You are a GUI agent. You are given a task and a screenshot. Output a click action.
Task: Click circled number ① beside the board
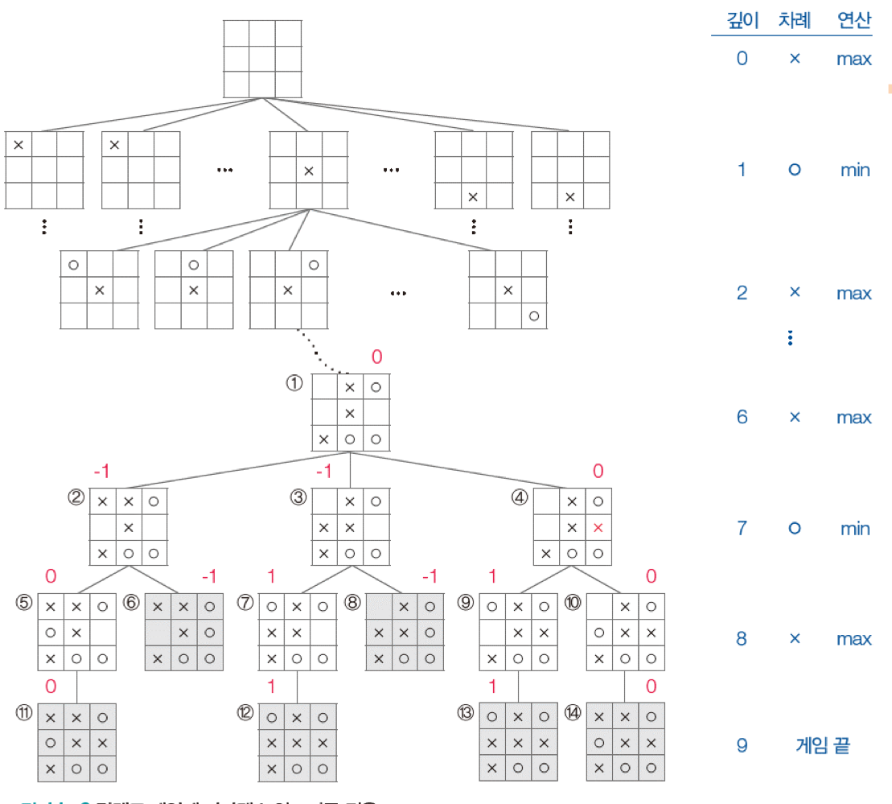click(294, 383)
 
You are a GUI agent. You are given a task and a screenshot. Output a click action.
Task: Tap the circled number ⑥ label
click(131, 602)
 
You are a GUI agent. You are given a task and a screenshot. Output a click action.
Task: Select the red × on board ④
click(598, 528)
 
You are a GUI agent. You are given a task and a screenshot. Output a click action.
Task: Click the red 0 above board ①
click(376, 357)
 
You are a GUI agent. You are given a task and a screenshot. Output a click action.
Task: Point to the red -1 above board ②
click(101, 471)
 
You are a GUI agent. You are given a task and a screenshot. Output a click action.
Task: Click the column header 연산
click(853, 21)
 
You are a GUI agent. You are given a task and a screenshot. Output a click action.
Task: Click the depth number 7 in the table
click(742, 528)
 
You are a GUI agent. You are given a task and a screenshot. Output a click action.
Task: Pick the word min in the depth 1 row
click(854, 170)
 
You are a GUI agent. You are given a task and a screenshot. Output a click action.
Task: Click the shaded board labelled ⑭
click(626, 741)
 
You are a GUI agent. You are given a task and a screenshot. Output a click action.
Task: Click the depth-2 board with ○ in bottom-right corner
click(508, 290)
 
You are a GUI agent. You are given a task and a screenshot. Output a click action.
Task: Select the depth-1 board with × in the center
click(309, 170)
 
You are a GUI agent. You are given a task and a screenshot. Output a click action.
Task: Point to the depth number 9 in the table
click(742, 745)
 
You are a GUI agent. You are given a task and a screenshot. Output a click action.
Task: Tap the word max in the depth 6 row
click(854, 417)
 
